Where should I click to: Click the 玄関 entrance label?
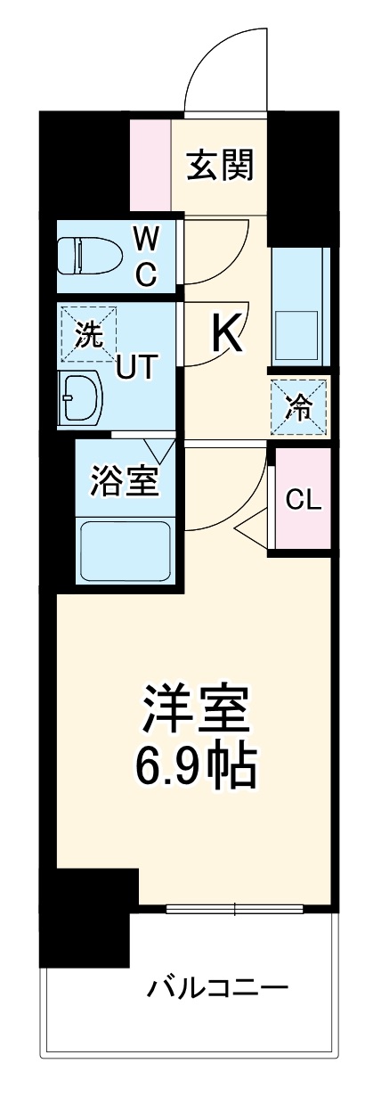[219, 165]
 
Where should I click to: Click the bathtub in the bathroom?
[125, 549]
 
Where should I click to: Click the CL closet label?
[303, 500]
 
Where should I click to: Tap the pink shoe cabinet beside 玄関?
[150, 164]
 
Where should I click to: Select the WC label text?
[147, 258]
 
